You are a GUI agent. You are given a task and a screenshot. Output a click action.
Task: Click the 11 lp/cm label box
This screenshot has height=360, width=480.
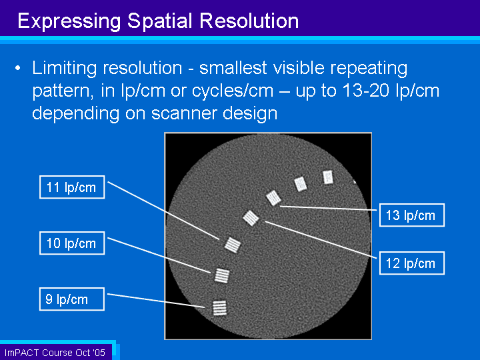[72, 187]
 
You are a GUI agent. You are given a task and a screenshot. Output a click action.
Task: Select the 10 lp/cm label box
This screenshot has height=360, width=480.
[72, 243]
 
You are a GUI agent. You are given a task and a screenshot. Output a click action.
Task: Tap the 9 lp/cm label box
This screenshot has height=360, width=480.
[72, 299]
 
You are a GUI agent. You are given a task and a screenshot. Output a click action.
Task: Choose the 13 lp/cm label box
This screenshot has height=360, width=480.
[412, 215]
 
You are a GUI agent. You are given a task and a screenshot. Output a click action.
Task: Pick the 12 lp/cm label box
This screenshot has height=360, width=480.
[412, 263]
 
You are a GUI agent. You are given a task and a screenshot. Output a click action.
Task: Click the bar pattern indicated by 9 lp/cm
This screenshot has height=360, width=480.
[220, 307]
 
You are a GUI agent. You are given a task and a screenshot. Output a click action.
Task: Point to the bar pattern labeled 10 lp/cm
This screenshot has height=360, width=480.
[222, 275]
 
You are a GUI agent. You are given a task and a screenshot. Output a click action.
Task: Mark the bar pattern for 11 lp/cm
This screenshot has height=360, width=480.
[233, 245]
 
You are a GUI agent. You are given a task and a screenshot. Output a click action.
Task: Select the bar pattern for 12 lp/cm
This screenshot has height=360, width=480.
[251, 218]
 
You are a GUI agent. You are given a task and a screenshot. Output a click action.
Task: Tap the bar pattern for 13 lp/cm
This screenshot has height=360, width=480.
[273, 198]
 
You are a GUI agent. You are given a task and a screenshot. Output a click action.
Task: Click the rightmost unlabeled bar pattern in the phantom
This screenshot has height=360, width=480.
[328, 177]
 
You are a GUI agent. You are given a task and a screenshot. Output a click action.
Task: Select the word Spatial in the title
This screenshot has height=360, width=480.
[161, 21]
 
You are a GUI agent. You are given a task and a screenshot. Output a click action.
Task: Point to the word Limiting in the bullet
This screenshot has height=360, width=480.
[64, 68]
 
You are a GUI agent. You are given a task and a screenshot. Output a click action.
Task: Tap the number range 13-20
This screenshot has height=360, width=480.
[365, 91]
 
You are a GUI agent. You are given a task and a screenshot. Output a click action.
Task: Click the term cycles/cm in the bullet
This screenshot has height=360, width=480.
[233, 91]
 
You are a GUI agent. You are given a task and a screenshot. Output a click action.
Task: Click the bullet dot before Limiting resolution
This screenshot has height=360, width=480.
[18, 68]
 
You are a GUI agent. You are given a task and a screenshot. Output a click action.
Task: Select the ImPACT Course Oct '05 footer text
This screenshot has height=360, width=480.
[55, 353]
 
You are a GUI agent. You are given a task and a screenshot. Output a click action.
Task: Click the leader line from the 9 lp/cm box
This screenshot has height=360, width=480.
[156, 301]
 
